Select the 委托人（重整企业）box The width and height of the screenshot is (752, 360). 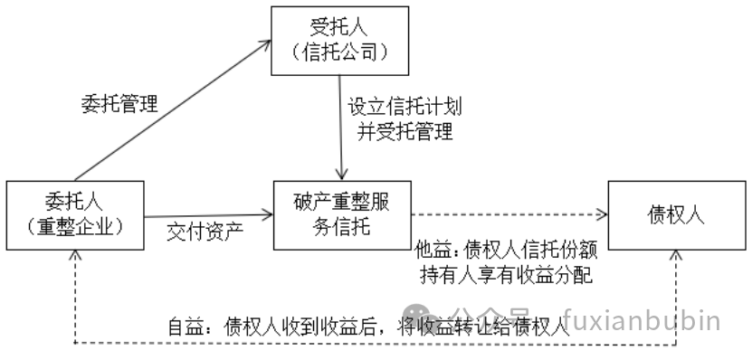(74, 214)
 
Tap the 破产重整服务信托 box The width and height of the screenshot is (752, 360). (341, 214)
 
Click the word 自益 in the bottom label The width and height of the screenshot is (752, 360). (186, 327)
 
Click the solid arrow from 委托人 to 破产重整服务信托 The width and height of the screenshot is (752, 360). (208, 215)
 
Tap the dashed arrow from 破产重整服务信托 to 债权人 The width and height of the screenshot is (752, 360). (507, 215)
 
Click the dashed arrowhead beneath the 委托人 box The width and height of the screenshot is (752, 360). (74, 257)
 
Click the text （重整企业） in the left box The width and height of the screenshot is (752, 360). (74, 226)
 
